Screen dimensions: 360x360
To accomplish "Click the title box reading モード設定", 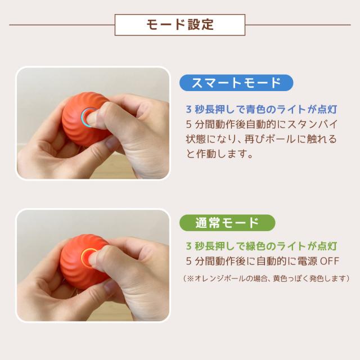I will click(x=180, y=25).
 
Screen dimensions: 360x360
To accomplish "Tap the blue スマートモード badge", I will click(x=236, y=83).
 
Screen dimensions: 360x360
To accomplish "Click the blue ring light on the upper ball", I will click(x=88, y=117).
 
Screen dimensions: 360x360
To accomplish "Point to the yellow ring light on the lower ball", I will click(x=88, y=258).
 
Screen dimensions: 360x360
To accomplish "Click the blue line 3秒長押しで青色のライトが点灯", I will click(x=261, y=109).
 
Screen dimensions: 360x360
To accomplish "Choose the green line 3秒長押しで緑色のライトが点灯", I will click(x=261, y=246).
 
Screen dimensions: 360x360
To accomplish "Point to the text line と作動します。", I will click(x=219, y=154).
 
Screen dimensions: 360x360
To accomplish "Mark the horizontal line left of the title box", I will click(x=62, y=25).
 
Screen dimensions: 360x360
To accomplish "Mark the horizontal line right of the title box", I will click(x=298, y=25).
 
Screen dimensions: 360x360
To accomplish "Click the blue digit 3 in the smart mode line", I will click(x=188, y=109).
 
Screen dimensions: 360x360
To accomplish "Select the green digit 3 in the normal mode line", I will click(x=188, y=246).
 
